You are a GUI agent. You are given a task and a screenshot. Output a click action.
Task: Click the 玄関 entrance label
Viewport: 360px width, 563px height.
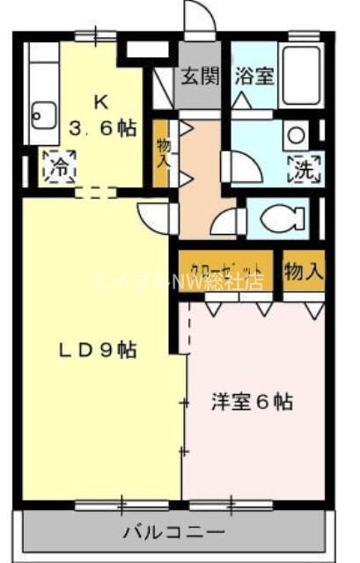click(x=201, y=76)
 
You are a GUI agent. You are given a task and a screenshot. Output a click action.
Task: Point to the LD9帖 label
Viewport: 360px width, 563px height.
click(x=98, y=349)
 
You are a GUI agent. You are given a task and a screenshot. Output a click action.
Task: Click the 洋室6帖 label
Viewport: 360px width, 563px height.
click(x=252, y=402)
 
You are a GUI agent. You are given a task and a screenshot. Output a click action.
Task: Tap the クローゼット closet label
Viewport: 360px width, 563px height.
click(x=229, y=267)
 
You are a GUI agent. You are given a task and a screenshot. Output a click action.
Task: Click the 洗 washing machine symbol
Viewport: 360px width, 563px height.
click(x=305, y=166)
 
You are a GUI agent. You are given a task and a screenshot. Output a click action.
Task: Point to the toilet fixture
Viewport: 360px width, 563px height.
click(x=283, y=217)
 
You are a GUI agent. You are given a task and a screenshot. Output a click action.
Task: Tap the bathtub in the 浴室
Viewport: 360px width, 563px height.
click(x=305, y=65)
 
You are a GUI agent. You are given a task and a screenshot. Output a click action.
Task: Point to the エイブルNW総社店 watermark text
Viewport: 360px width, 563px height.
click(x=176, y=282)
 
